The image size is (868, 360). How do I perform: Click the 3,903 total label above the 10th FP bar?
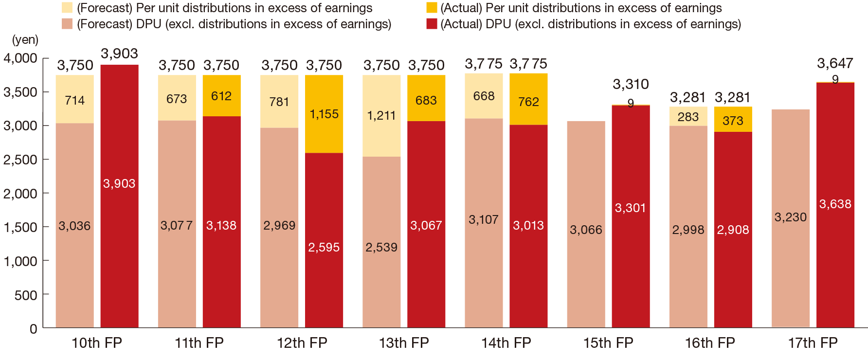[119, 54]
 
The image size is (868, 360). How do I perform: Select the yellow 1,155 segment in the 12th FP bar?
[324, 114]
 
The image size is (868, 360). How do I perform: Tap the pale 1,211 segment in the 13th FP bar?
[381, 115]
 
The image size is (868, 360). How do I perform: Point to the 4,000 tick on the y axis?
[20, 58]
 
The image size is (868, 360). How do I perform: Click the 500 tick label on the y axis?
[25, 295]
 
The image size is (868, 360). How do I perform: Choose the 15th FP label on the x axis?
[608, 342]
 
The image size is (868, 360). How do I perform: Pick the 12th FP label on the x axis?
[302, 342]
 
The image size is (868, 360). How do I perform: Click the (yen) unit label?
[25, 40]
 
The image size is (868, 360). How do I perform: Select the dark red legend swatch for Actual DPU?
[432, 24]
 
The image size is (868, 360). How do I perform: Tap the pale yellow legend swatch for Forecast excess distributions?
[68, 8]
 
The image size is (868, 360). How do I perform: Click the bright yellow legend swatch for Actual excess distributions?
[432, 8]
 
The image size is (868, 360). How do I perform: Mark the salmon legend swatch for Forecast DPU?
[68, 24]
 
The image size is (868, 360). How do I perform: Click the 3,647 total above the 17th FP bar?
[835, 63]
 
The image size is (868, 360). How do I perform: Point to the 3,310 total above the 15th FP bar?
[631, 84]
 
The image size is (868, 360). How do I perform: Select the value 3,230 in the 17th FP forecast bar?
[791, 217]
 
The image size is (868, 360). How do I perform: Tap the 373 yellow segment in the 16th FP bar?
[733, 120]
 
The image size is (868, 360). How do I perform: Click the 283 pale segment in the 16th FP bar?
[688, 117]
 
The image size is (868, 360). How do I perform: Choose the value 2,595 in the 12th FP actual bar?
[324, 247]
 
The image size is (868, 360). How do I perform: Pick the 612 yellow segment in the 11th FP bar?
[221, 96]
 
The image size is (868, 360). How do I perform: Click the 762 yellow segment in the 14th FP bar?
[528, 102]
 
